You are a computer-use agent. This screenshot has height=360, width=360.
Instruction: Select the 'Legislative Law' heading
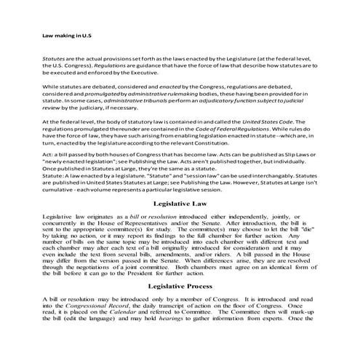[180, 204]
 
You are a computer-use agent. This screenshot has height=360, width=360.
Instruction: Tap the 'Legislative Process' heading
[180, 307]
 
